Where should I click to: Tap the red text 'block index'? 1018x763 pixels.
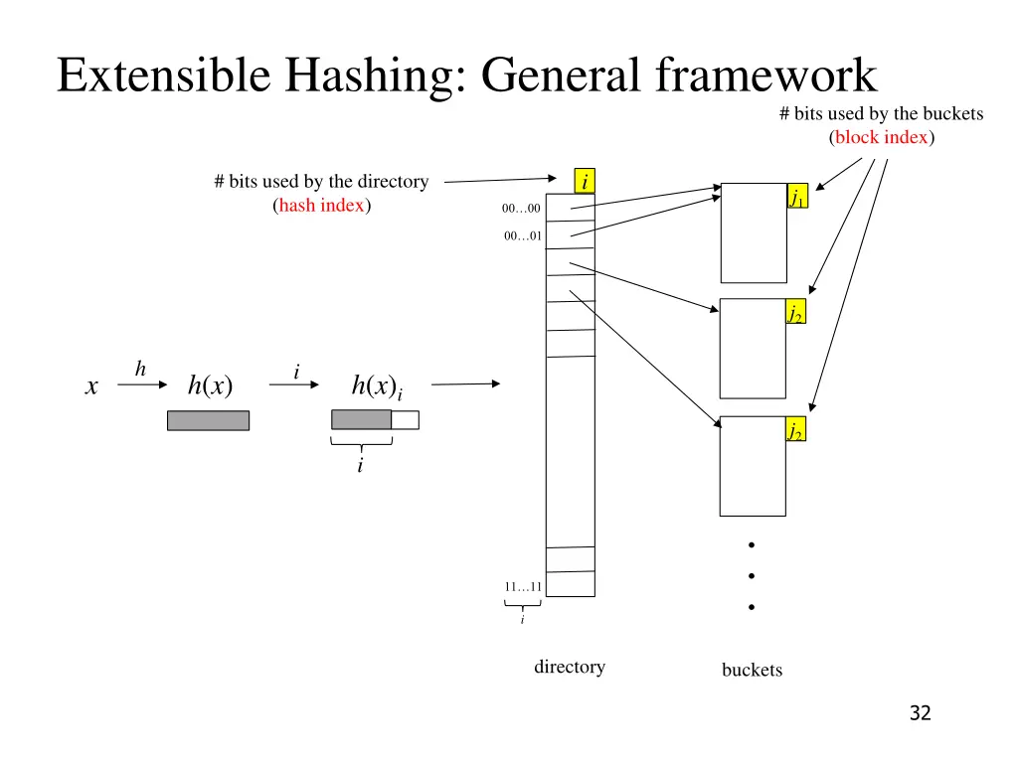click(881, 137)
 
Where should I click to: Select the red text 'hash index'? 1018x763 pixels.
click(321, 206)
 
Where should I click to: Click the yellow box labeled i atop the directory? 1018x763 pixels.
click(585, 181)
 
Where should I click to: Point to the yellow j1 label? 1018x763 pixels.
click(796, 197)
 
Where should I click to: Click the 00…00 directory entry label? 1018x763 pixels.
click(521, 209)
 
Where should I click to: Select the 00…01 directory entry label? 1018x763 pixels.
click(522, 236)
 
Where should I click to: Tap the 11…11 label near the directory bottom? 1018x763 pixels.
click(522, 586)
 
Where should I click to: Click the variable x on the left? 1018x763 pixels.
click(91, 387)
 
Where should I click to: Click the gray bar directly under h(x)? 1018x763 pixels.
click(208, 420)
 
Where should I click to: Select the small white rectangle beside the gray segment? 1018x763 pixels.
click(405, 420)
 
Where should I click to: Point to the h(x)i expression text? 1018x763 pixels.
click(377, 386)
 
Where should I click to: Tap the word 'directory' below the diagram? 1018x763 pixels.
click(570, 667)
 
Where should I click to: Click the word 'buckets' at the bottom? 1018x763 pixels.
click(752, 670)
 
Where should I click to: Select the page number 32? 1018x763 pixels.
click(920, 712)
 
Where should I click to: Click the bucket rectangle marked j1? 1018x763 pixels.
click(753, 233)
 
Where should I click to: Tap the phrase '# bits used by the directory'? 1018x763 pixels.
click(321, 182)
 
